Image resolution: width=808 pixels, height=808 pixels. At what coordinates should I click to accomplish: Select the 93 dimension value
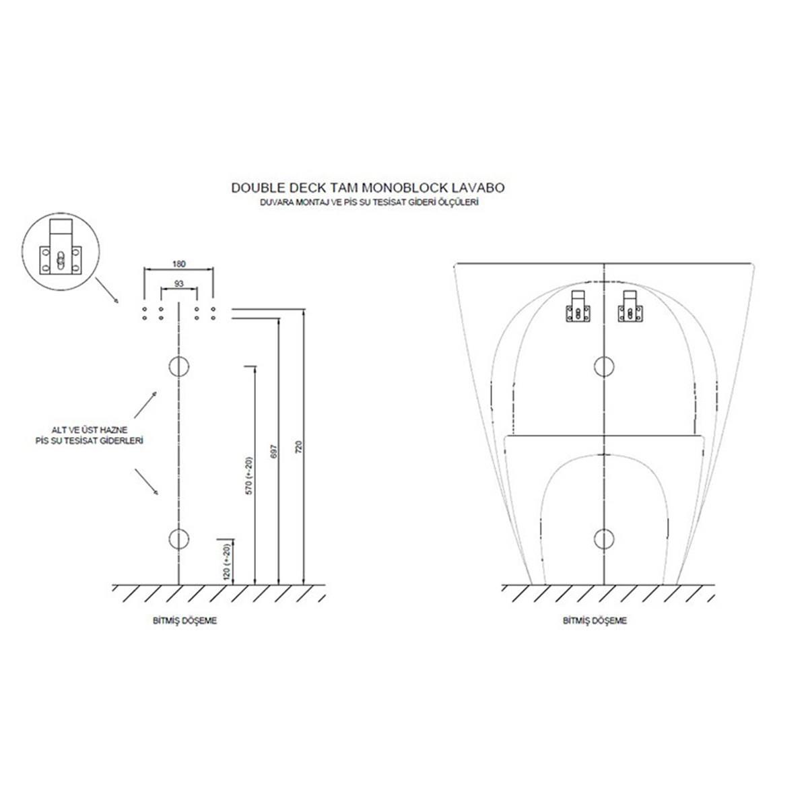[x=178, y=284]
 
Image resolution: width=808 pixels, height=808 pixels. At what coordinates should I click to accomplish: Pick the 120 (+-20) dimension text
[x=226, y=560]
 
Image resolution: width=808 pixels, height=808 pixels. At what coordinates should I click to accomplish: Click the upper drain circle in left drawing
[x=178, y=366]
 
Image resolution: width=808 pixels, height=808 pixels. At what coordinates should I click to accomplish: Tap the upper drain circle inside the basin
[x=604, y=366]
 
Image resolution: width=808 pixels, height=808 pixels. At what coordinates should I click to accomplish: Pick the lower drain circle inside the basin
[x=604, y=538]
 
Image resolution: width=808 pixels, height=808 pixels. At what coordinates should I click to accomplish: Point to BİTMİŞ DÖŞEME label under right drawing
[x=595, y=621]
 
